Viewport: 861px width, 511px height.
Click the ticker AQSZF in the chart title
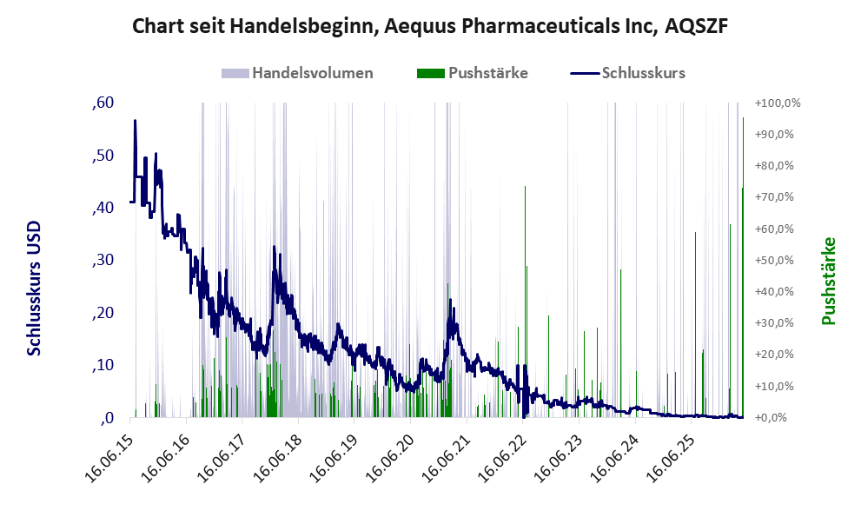696,26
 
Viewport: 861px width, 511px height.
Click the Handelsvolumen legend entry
297,73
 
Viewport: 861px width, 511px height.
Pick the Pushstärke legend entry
473,73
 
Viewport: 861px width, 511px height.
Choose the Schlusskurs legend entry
627,73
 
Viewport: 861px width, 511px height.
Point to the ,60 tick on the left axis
103,103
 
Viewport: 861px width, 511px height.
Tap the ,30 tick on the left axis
103,260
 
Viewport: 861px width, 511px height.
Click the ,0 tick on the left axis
107,418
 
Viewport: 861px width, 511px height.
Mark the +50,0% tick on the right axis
774,260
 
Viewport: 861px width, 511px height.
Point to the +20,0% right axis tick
774,355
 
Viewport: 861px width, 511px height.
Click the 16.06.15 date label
109,458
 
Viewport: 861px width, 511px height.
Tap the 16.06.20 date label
390,458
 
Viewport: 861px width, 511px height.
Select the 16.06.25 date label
671,458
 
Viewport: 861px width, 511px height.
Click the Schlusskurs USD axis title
34,288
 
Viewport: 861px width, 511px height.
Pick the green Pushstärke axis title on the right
829,281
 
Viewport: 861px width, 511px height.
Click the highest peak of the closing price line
135,120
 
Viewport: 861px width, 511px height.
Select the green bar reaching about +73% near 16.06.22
525,302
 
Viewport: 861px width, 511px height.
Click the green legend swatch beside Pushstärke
431,73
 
